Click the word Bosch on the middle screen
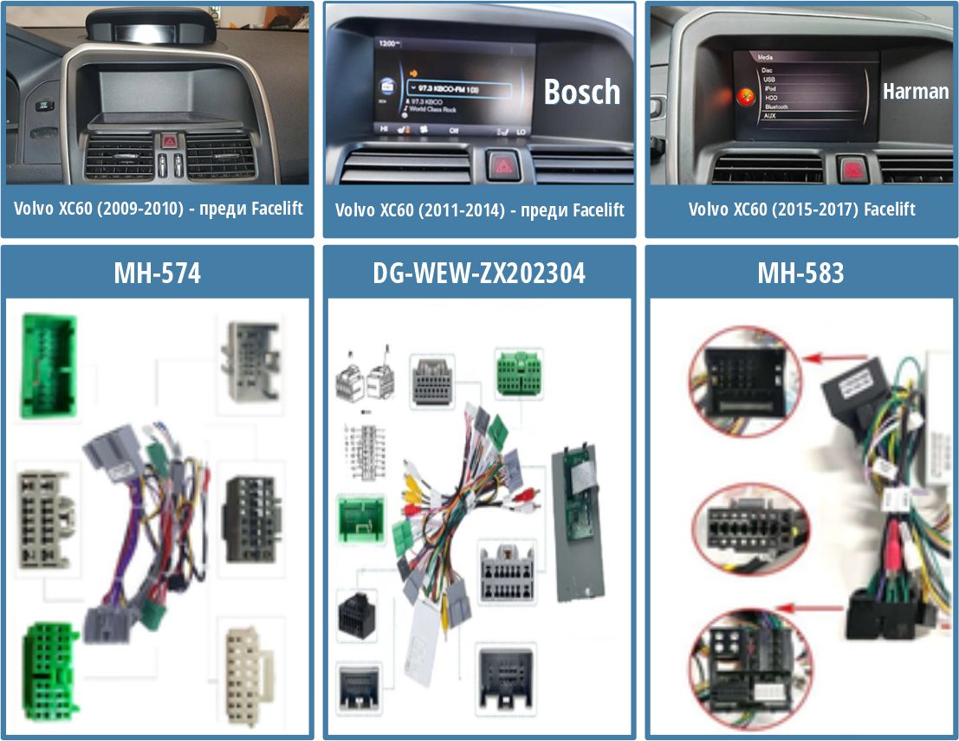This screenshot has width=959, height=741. tap(582, 92)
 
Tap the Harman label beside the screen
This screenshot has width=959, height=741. tap(916, 91)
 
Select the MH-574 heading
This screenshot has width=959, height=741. tap(157, 274)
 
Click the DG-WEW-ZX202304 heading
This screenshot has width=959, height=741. tap(479, 274)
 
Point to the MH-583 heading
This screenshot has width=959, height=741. tap(800, 274)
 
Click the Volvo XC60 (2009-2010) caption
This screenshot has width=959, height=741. tap(159, 209)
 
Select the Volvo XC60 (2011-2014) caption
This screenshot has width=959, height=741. tap(479, 209)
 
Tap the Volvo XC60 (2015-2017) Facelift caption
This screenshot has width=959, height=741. tap(801, 209)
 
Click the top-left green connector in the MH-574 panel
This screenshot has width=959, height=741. tap(49, 368)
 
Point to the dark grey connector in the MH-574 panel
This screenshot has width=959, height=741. tap(249, 519)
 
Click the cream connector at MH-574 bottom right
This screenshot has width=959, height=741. tap(249, 671)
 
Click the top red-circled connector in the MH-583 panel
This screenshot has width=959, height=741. tap(735, 370)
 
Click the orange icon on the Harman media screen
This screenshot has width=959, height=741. tap(743, 97)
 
